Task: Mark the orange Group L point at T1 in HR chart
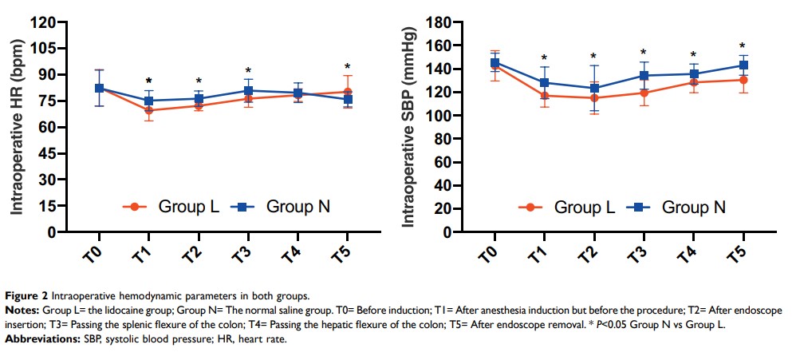(x=148, y=110)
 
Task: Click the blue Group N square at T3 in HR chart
(x=248, y=91)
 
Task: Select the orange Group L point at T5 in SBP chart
(x=743, y=80)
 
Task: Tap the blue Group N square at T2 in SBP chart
(x=593, y=88)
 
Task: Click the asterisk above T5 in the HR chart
(x=347, y=67)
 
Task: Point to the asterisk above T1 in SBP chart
(x=544, y=58)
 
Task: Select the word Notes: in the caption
(x=27, y=309)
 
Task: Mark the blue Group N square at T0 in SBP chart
(x=495, y=62)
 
